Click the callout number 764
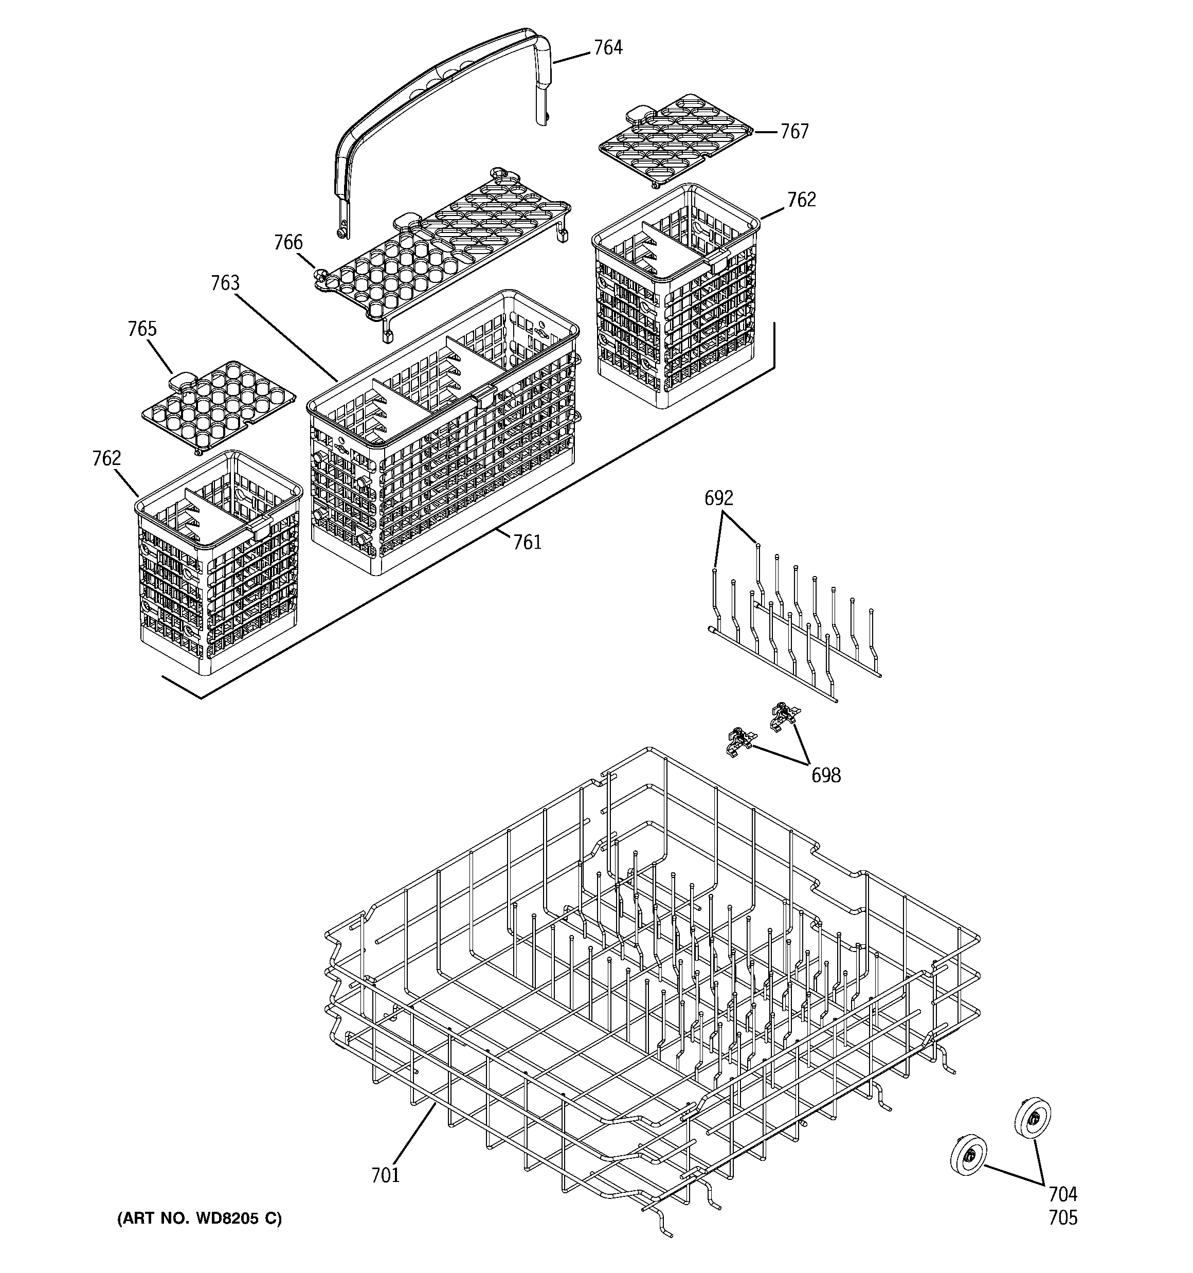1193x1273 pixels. [x=608, y=48]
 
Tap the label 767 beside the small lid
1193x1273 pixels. [x=794, y=131]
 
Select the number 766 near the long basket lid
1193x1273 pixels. [x=288, y=243]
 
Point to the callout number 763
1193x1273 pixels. [x=225, y=283]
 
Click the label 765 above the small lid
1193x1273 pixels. [x=142, y=329]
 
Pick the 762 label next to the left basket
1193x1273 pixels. [x=106, y=458]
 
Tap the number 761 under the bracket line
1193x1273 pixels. [x=527, y=542]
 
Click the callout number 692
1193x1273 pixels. [x=718, y=498]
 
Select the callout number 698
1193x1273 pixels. [x=825, y=776]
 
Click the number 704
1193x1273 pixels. [x=1063, y=1194]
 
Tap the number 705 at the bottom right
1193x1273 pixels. [x=1063, y=1217]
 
